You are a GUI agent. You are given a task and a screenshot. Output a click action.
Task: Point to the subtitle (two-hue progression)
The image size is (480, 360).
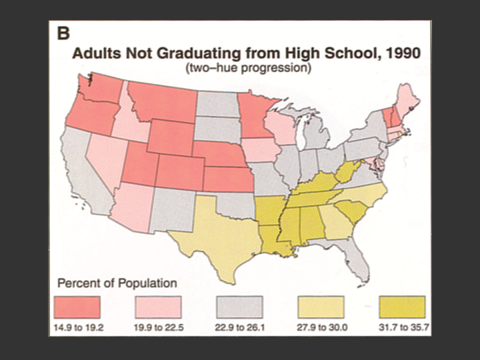tap(245, 68)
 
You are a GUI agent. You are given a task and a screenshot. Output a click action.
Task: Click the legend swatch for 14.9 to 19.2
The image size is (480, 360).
tap(77, 307)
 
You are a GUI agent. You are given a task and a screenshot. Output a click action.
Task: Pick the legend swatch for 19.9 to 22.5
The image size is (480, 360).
tap(158, 307)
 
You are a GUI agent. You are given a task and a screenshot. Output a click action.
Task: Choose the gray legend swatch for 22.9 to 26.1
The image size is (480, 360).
tap(240, 307)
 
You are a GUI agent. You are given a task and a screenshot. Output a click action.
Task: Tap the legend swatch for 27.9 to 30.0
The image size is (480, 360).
tap(321, 307)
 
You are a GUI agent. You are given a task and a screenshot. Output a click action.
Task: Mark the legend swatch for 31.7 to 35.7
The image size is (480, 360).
tap(401, 307)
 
